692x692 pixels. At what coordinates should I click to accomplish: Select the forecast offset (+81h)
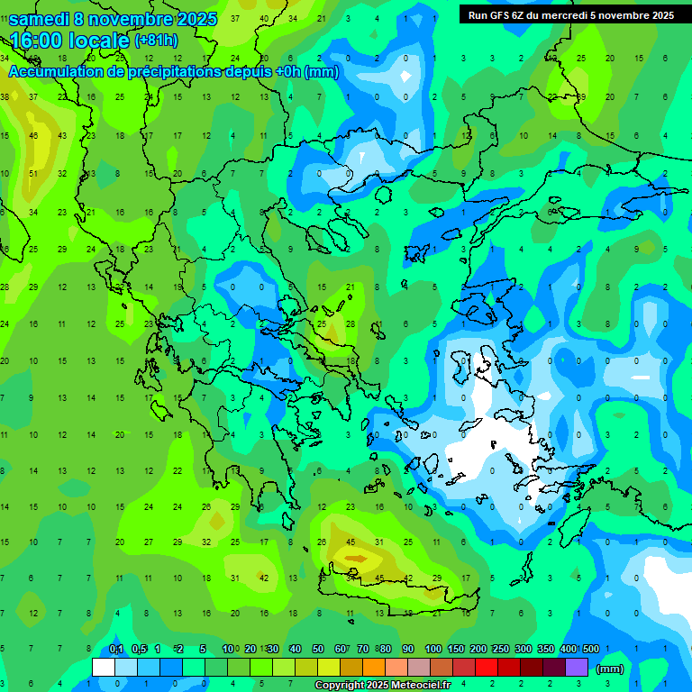[157, 41]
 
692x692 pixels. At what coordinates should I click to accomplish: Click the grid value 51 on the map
[34, 174]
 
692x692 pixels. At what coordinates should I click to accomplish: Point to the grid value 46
[33, 136]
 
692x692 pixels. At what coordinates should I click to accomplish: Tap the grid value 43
[62, 136]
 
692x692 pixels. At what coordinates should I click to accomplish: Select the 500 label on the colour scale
[591, 650]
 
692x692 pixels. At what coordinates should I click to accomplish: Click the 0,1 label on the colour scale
[116, 650]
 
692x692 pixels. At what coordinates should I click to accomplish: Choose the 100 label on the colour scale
[432, 650]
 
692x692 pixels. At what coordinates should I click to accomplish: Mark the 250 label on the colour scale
[500, 650]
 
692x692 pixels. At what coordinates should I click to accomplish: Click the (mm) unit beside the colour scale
[610, 669]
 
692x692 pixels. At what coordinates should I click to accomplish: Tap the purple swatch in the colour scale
[577, 668]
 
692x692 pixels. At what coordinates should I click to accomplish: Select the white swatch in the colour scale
[104, 668]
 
